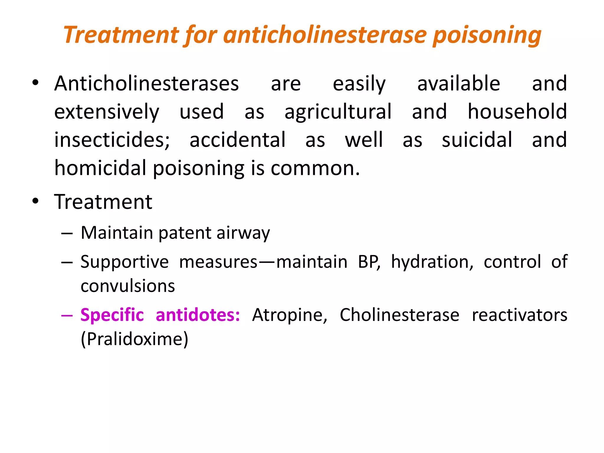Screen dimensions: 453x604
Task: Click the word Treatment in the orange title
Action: [121, 35]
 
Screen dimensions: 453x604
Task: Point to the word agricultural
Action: [338, 112]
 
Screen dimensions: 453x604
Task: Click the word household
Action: [517, 112]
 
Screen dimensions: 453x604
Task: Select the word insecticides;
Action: [112, 140]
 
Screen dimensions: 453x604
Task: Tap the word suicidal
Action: [477, 140]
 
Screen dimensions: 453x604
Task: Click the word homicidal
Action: [100, 168]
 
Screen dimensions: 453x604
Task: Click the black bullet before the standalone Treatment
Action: [36, 202]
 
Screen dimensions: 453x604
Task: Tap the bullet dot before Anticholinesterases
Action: [36, 83]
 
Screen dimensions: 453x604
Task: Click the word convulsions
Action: [128, 286]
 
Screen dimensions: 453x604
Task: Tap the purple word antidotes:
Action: [198, 315]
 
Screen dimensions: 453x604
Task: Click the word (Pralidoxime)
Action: [134, 339]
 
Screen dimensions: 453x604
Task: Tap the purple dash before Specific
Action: [67, 316]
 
